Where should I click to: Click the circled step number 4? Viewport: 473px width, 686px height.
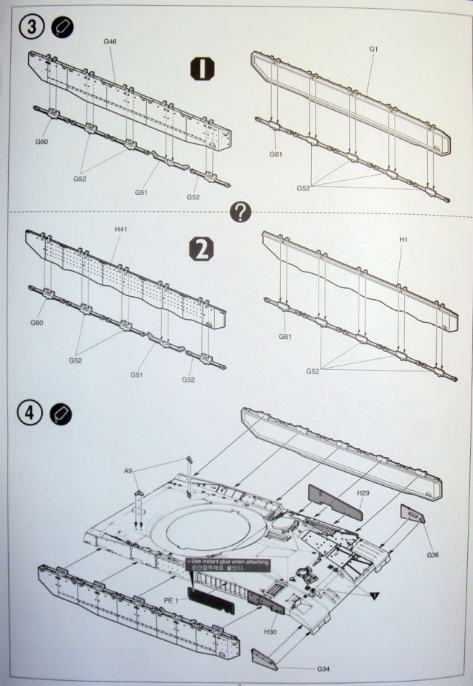pos(30,414)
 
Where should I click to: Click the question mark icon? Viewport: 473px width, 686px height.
pos(240,213)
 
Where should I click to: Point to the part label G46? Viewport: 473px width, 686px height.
pos(110,42)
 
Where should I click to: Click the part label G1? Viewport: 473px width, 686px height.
pos(373,49)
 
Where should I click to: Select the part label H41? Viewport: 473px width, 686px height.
pos(121,230)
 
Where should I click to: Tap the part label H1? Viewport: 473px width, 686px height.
pos(404,240)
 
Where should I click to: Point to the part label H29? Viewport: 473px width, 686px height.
pos(364,493)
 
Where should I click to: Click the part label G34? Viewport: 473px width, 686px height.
pos(322,669)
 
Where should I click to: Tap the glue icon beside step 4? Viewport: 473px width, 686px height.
pos(61,414)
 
